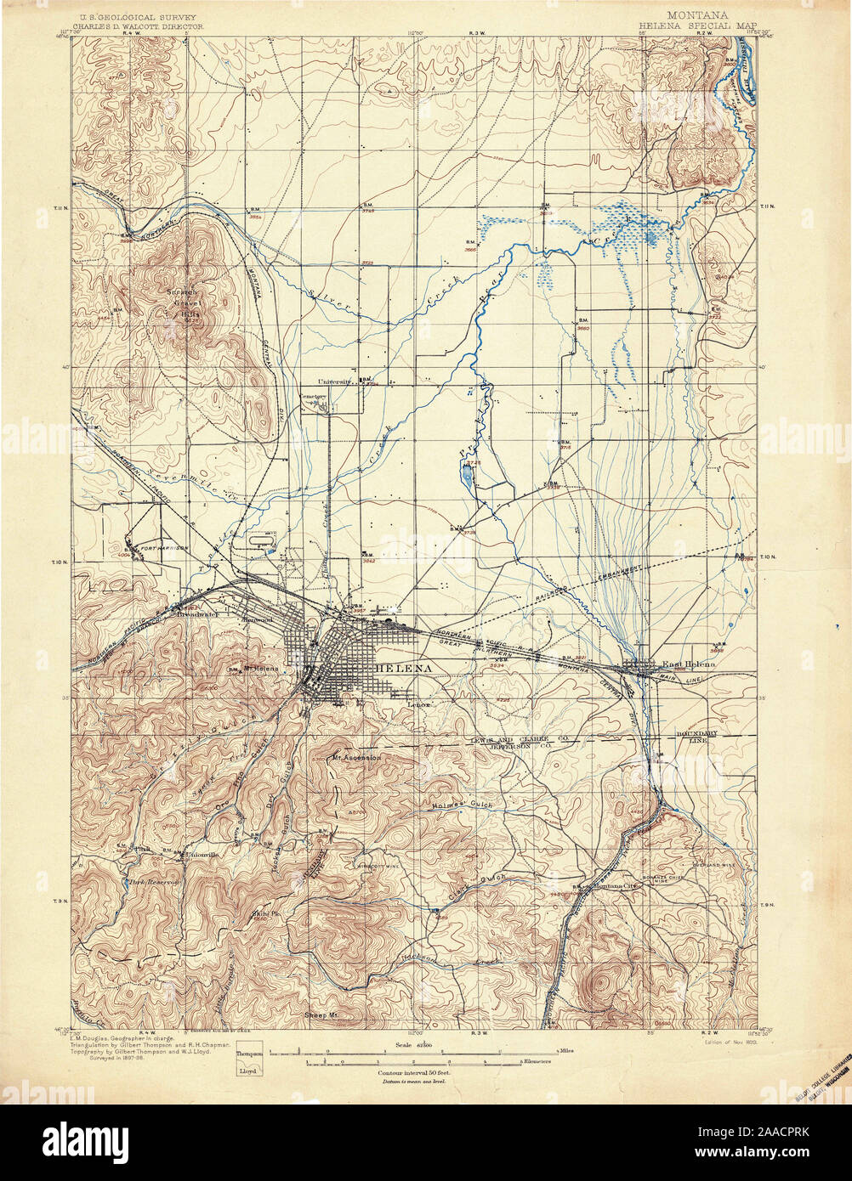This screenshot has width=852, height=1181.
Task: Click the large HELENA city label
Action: [x=403, y=669]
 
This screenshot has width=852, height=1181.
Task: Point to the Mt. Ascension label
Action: [x=357, y=757]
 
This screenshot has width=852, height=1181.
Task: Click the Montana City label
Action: [x=615, y=886]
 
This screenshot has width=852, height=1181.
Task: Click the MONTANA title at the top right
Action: [x=696, y=15]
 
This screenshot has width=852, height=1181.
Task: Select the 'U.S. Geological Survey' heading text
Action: [x=139, y=16]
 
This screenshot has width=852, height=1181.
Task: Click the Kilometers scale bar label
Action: [x=537, y=1062]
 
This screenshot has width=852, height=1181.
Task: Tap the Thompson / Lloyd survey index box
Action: [x=249, y=1062]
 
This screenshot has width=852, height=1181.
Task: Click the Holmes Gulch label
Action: [x=463, y=804]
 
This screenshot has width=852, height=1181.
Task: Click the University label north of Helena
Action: [x=335, y=382]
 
